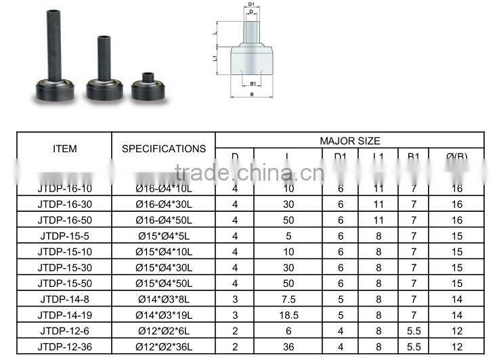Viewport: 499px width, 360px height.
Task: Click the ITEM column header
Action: click(x=64, y=148)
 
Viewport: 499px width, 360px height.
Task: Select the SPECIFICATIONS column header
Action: click(x=163, y=148)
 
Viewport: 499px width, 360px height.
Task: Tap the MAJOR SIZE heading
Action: click(x=349, y=141)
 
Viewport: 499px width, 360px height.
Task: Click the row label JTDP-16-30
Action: click(x=64, y=204)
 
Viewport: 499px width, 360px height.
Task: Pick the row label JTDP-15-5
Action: click(x=64, y=235)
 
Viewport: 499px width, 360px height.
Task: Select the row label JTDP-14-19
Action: click(x=64, y=315)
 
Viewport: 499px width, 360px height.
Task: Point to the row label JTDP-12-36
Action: click(x=64, y=346)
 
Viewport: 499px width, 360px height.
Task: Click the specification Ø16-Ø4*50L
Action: click(x=163, y=220)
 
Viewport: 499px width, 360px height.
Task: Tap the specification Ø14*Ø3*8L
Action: click(x=163, y=299)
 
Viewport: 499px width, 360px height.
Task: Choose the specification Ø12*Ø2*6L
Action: click(x=163, y=331)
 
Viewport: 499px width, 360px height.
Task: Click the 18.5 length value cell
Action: click(x=288, y=315)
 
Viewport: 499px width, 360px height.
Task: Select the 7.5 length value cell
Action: click(x=288, y=299)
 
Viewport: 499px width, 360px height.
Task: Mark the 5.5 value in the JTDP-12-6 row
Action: click(x=413, y=331)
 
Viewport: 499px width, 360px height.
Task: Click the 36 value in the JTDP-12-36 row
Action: click(x=288, y=346)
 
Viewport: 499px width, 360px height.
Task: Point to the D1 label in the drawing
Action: click(x=252, y=5)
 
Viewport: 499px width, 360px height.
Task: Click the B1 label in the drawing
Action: click(x=252, y=84)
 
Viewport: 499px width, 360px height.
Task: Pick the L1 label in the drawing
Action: click(x=215, y=59)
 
